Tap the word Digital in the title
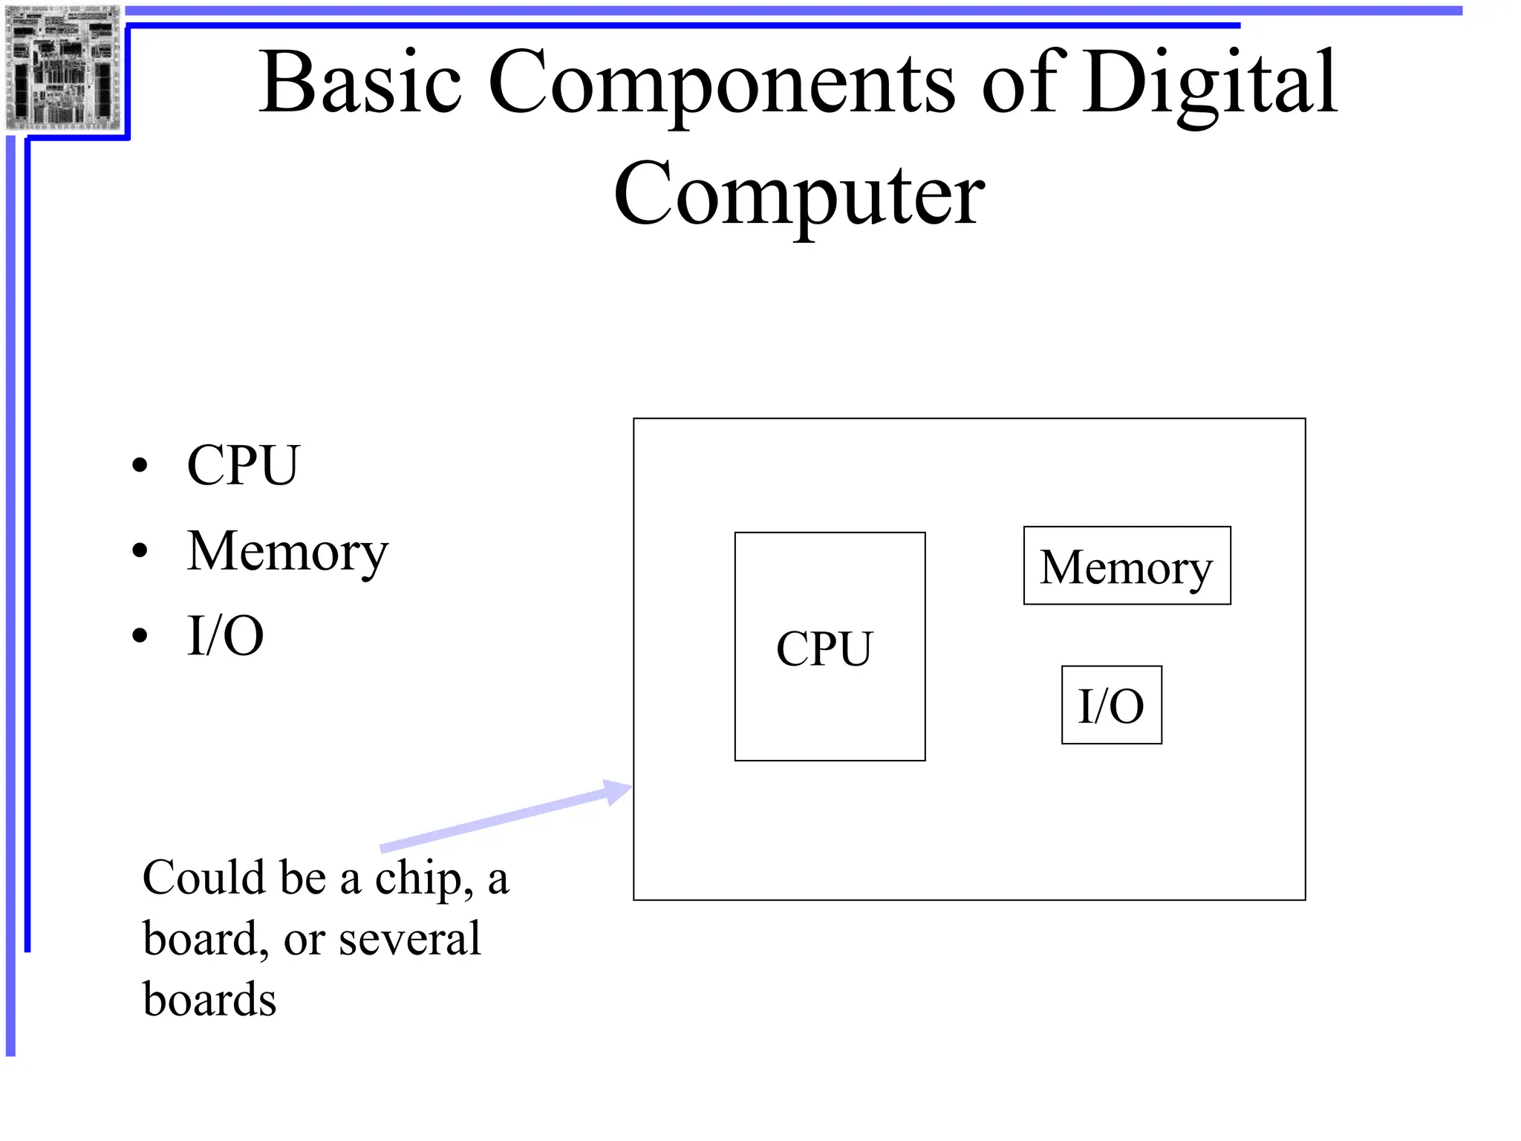coord(1208,83)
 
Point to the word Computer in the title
coord(799,195)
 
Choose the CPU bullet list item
coord(242,466)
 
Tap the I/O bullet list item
coord(225,636)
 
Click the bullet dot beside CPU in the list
coord(140,467)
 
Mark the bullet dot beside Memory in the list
coord(140,551)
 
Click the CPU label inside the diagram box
coord(824,648)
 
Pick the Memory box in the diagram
coord(1127,566)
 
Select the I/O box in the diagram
coord(1111,705)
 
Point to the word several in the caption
coord(410,939)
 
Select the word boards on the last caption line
coord(209,1000)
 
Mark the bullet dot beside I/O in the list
coord(140,636)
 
